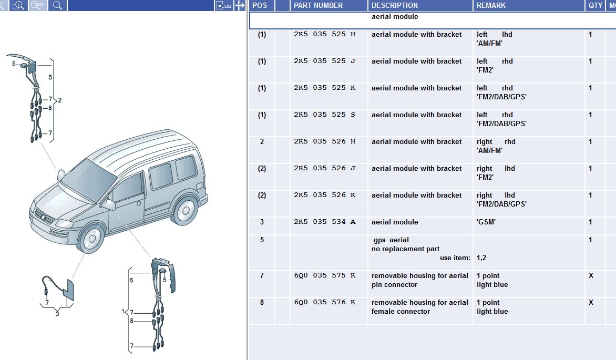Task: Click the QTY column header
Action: pos(595,5)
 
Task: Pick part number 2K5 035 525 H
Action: pos(324,34)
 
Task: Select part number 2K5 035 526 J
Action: pos(324,168)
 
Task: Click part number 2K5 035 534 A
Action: pos(324,222)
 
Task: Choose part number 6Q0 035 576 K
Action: pos(324,302)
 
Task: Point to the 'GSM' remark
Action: pos(486,222)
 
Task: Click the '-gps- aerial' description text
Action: pos(390,240)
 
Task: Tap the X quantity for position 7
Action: pos(591,275)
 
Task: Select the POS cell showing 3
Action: pos(262,222)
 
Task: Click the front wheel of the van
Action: pos(92,238)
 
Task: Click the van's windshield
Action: pos(89,180)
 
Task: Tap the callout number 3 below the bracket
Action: pos(57,314)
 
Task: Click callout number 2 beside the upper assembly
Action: pos(60,100)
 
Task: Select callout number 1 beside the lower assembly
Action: pos(123,312)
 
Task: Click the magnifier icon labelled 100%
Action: pos(38,5)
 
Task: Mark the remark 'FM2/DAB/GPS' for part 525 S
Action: pos(501,124)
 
